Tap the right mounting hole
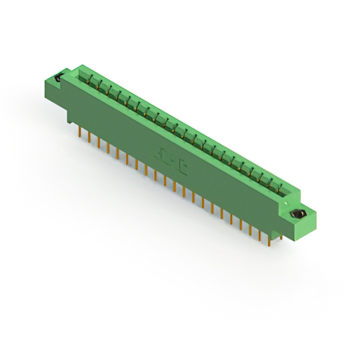pos(298,214)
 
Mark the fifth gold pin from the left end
pos(118,151)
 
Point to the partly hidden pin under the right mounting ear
pos(281,238)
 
